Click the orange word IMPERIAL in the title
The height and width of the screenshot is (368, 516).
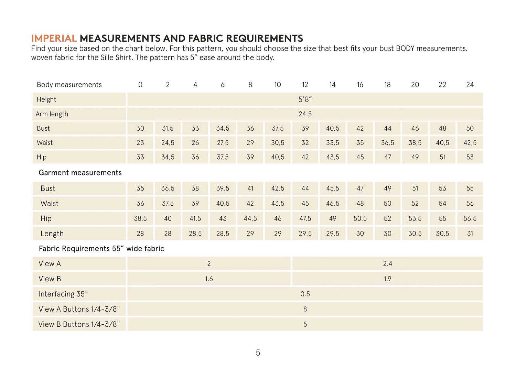[x=54, y=38]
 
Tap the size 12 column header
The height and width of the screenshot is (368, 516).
[x=305, y=85]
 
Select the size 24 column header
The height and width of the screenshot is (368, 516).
[x=470, y=85]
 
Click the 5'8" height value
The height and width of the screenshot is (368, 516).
[x=305, y=99]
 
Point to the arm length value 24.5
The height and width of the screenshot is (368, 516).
[x=305, y=114]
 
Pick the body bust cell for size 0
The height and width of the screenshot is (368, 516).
[x=140, y=128]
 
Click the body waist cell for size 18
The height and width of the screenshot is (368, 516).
[x=388, y=143]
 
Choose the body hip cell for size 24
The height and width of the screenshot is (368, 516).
[x=470, y=157]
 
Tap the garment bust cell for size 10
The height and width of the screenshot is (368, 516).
[x=278, y=188]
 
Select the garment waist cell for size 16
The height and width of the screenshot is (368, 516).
[x=360, y=204]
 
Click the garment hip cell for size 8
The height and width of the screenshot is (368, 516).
[x=250, y=219]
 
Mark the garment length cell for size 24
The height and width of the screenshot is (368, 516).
[x=470, y=234]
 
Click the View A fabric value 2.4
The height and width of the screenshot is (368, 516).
[x=388, y=264]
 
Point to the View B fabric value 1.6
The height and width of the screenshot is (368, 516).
[x=209, y=279]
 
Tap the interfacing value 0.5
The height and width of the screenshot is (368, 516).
[x=305, y=294]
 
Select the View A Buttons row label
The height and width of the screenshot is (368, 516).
[x=79, y=309]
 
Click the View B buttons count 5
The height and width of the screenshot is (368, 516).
[x=305, y=324]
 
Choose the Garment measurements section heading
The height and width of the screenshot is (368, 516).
[x=80, y=173]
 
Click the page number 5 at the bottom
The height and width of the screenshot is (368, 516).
[x=258, y=353]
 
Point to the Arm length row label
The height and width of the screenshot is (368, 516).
[x=52, y=114]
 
